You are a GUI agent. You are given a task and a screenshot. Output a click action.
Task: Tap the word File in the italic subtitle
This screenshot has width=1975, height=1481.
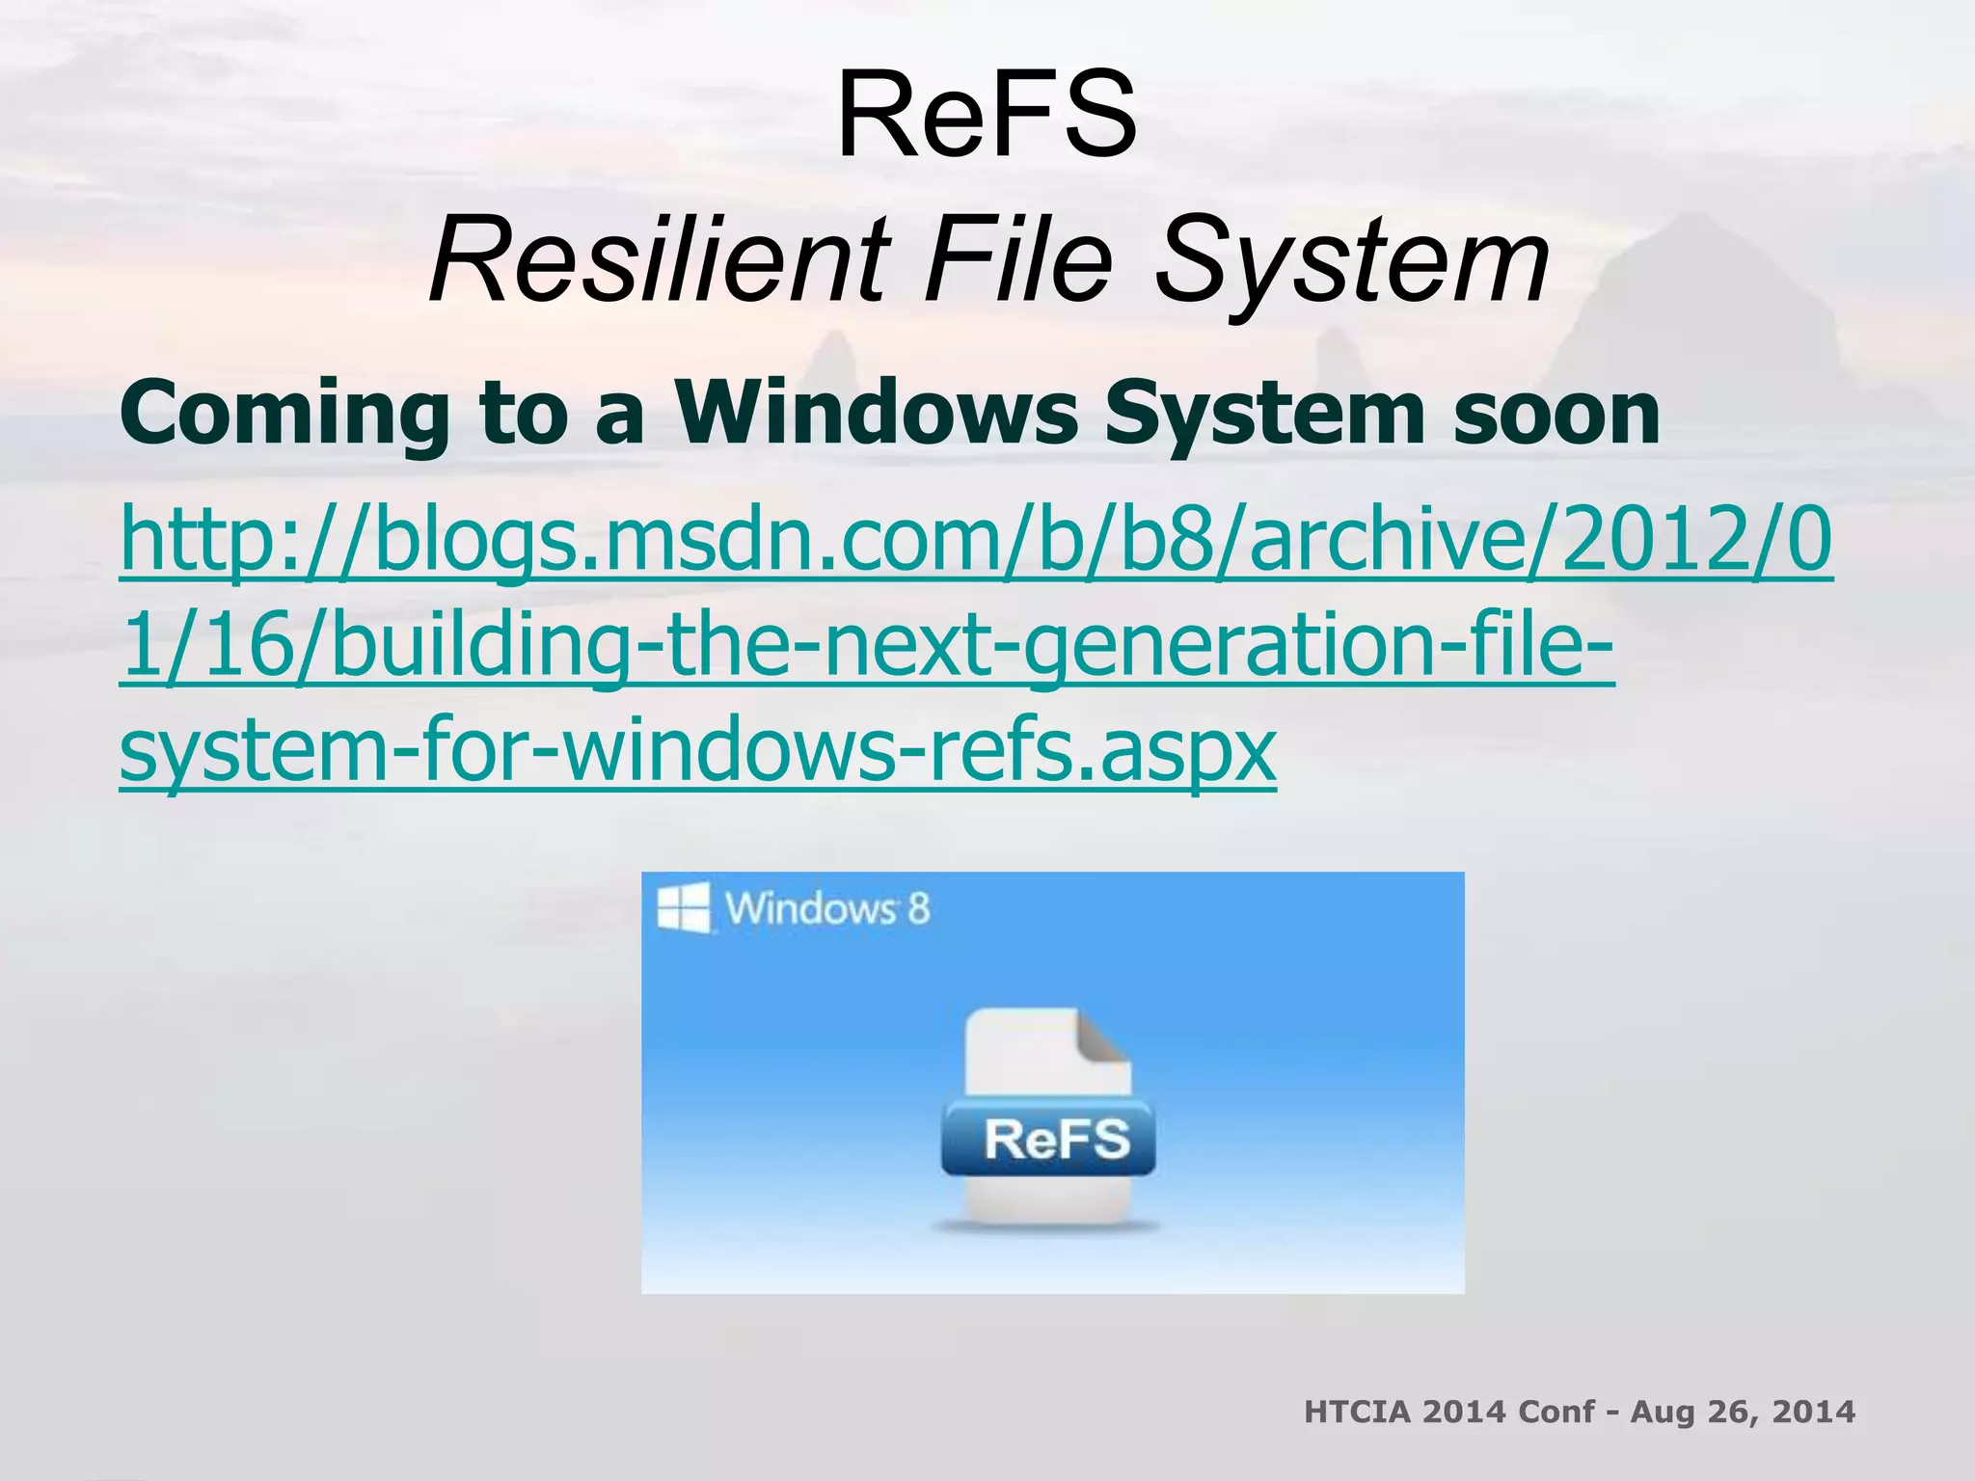1018,260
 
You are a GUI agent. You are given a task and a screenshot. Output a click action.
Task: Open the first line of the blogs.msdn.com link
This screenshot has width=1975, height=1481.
974,540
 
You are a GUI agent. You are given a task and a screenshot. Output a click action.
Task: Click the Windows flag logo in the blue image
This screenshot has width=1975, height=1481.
683,907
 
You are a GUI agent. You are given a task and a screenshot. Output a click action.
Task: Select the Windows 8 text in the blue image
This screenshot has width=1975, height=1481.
826,908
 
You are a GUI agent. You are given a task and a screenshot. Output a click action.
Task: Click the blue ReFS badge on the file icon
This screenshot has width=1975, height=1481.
1055,1139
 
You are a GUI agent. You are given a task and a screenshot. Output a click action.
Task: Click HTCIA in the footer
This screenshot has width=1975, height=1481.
1357,1412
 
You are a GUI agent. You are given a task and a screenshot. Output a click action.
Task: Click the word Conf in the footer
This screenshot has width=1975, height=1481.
1556,1412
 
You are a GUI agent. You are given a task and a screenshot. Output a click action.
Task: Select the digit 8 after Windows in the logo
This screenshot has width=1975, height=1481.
918,908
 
